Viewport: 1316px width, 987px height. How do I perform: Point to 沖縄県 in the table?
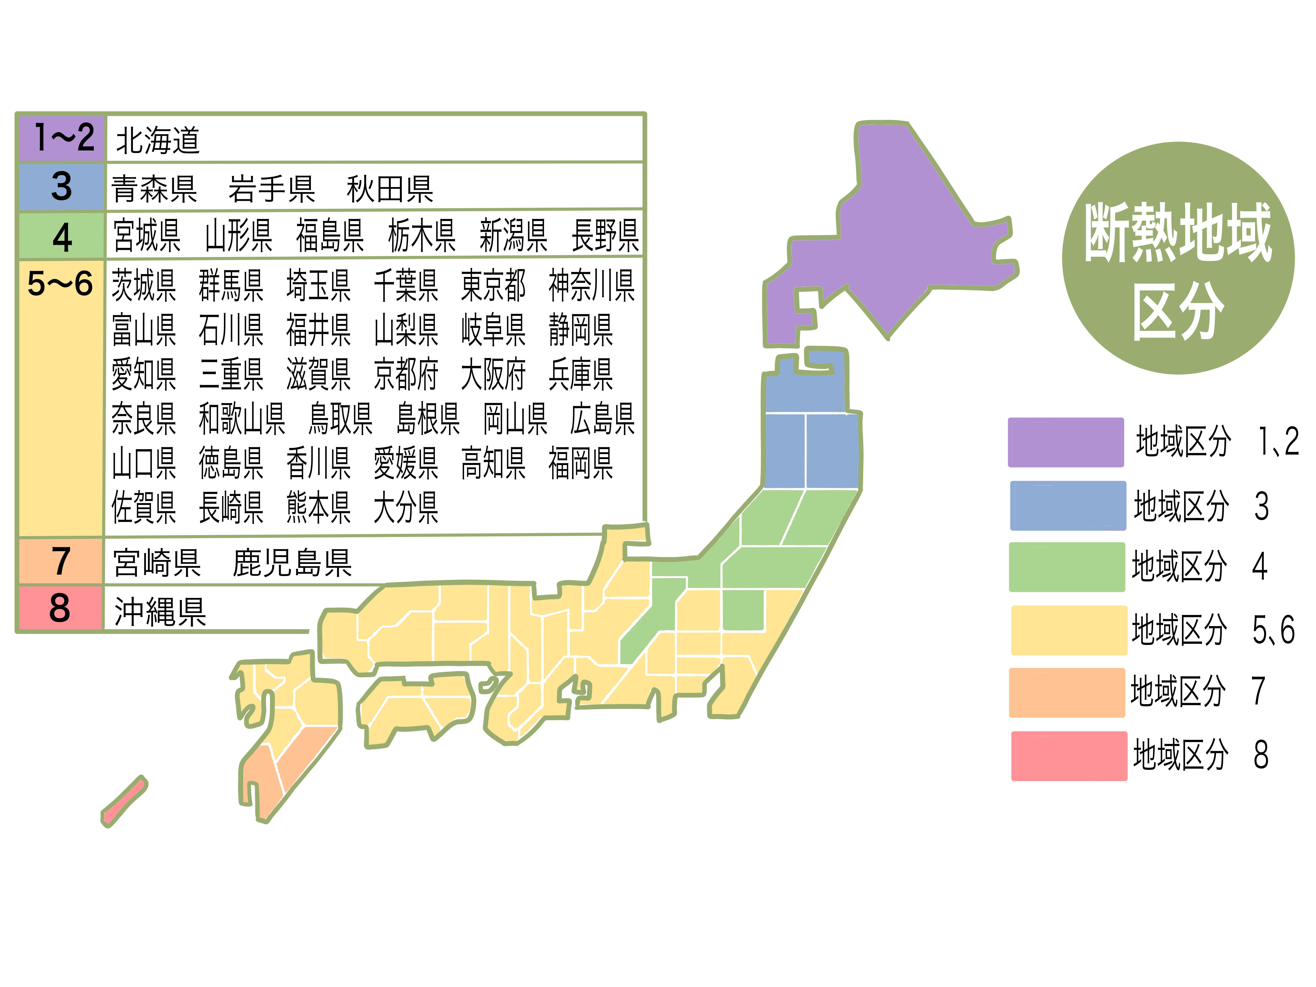[159, 612]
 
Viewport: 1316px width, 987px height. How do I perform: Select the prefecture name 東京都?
[493, 286]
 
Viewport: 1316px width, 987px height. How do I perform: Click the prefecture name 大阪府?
[493, 375]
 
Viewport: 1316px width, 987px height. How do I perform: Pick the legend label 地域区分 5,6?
[1213, 629]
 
